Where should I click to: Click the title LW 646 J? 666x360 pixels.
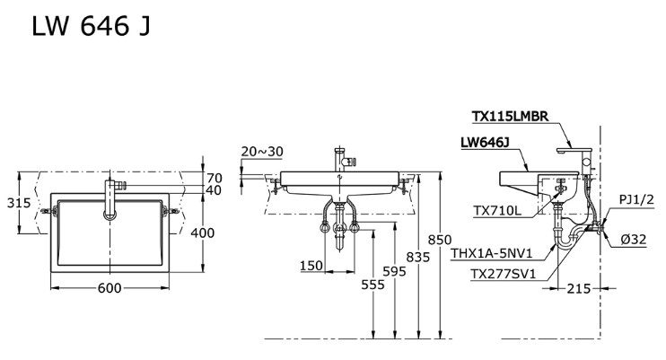point(91,27)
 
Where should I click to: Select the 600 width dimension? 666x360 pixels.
point(109,287)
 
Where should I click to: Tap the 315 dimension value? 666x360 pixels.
point(18,203)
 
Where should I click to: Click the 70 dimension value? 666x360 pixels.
point(214,177)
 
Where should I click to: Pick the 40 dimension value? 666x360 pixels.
point(214,190)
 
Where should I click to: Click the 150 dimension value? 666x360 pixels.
point(312,266)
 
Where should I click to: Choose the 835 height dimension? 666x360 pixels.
point(419,258)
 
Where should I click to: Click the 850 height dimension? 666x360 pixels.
point(440,240)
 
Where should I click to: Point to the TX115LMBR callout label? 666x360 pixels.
point(516,115)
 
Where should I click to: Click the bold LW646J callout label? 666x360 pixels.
point(485,142)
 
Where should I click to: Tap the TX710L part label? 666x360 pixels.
point(497,210)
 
